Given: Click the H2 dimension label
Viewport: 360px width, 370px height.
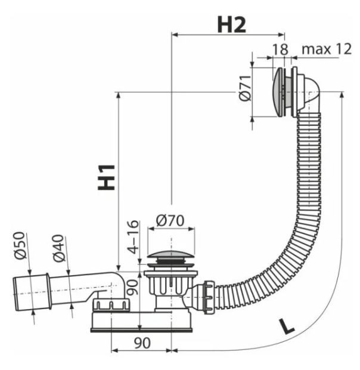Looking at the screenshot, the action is click(x=232, y=24).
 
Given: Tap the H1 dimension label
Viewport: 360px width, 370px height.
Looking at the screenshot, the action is click(x=107, y=177).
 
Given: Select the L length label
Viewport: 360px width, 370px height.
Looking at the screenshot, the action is click(x=286, y=326).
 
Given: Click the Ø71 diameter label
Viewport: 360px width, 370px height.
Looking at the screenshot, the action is click(x=245, y=88).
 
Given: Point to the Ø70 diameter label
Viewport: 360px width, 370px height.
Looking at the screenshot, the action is click(x=170, y=221).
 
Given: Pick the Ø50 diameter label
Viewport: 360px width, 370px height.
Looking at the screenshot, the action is click(x=19, y=245).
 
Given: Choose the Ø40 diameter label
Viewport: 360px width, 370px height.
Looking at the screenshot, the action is click(x=58, y=248).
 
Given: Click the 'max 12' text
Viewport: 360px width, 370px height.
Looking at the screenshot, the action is click(x=327, y=49).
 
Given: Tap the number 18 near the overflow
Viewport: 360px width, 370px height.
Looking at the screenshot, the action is click(x=280, y=50).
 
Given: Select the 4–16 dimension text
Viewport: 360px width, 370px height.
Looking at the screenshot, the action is click(x=133, y=237).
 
